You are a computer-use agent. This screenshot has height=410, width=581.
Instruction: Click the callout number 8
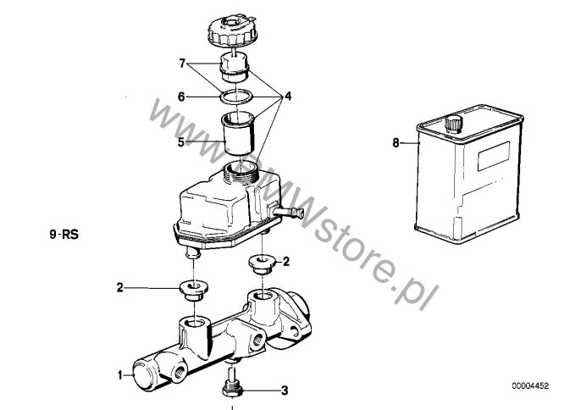(x=396, y=142)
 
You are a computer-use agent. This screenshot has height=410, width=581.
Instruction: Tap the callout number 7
(x=182, y=64)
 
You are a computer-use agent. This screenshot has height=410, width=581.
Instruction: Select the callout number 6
(x=181, y=97)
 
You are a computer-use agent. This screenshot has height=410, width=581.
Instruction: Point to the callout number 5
(x=181, y=142)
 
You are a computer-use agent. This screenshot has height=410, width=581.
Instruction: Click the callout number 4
(x=288, y=97)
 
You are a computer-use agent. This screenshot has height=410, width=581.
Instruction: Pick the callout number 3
(x=285, y=391)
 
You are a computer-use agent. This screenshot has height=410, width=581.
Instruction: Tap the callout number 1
(x=120, y=375)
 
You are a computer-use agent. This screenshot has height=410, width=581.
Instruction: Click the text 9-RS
(x=64, y=235)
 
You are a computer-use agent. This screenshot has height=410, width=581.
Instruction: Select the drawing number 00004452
(x=530, y=386)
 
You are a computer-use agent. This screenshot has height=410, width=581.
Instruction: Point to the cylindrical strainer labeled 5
(x=237, y=134)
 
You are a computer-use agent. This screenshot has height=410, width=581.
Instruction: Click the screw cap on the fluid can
(x=453, y=123)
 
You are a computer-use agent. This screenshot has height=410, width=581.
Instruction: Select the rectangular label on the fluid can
(x=494, y=156)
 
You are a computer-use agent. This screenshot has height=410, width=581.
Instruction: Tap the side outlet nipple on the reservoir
(x=289, y=213)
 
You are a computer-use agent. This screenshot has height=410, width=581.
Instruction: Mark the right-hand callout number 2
(x=285, y=262)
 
